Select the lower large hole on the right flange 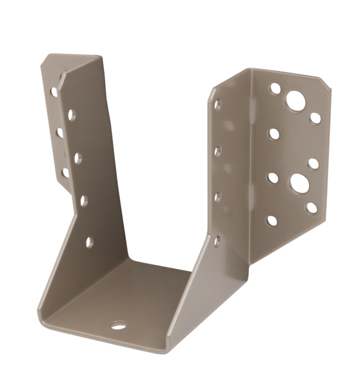299,183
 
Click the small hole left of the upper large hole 275,88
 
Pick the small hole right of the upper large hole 315,118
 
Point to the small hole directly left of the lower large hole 273,177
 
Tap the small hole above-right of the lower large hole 314,163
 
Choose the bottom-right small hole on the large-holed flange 312,208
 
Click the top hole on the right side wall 217,103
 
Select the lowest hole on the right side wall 217,241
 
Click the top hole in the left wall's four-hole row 72,115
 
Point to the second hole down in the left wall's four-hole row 77,157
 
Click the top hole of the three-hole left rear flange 54,92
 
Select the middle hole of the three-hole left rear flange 59,132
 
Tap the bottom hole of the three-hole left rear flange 65,172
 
